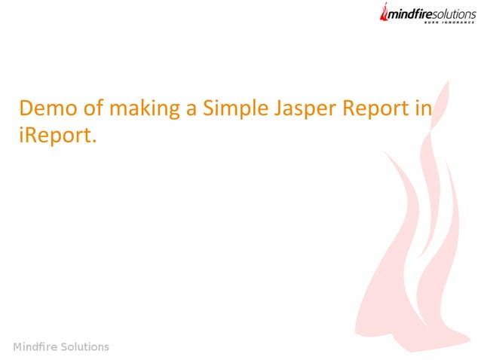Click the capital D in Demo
point(26,108)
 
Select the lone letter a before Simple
point(192,110)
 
